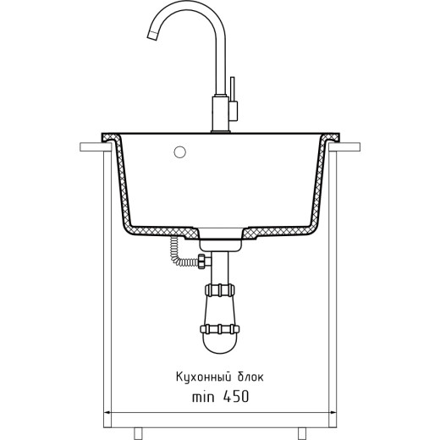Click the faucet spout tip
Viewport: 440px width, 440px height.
[151, 36]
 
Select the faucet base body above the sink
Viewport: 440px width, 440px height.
[221, 113]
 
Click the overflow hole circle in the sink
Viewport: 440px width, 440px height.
[179, 152]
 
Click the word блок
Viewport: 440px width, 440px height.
[250, 377]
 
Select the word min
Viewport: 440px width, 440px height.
[203, 397]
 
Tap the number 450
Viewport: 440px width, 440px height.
[236, 397]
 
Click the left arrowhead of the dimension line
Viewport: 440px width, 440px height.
[107, 413]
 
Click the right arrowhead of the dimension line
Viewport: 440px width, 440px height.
[333, 413]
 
